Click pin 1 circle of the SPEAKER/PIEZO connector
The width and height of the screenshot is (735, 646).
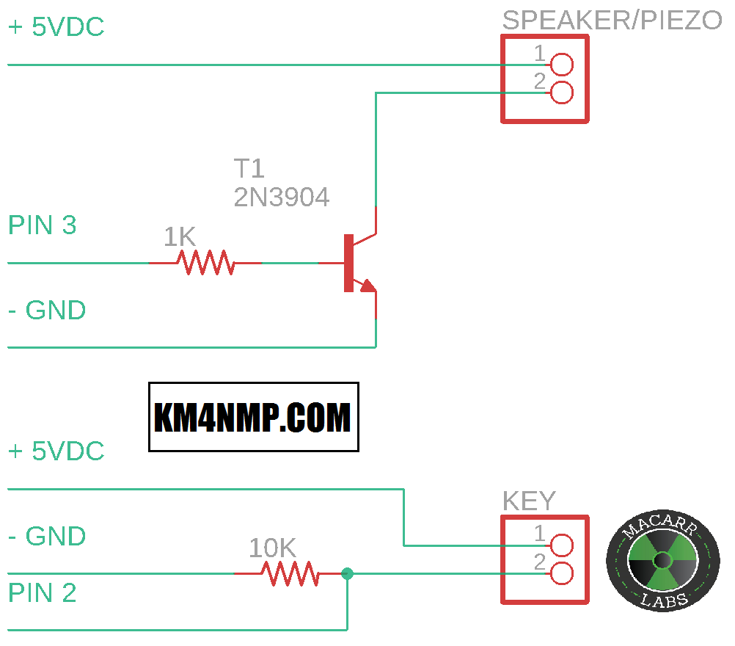[x=561, y=65]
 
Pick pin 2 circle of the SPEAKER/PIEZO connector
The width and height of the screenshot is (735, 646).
[x=561, y=92]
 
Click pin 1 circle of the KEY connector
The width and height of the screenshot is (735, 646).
[x=561, y=545]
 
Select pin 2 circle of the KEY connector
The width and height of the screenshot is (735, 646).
[x=561, y=573]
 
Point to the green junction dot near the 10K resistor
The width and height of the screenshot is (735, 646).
[x=348, y=573]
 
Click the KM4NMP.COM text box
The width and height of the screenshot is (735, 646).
[x=253, y=417]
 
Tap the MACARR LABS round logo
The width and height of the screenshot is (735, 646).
[x=662, y=562]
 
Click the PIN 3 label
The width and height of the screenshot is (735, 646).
[x=43, y=225]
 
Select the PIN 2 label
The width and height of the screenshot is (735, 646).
[x=43, y=593]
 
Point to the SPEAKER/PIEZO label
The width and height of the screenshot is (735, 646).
[x=612, y=21]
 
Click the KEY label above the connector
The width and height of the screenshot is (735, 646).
[x=529, y=501]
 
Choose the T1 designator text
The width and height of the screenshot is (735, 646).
[x=249, y=170]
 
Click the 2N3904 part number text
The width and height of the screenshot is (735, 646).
[x=282, y=197]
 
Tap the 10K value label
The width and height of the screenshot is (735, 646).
[x=272, y=548]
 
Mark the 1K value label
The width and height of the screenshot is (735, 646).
[x=180, y=237]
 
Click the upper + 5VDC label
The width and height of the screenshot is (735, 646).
[x=56, y=28]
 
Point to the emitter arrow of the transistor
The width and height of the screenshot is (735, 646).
[x=367, y=285]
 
